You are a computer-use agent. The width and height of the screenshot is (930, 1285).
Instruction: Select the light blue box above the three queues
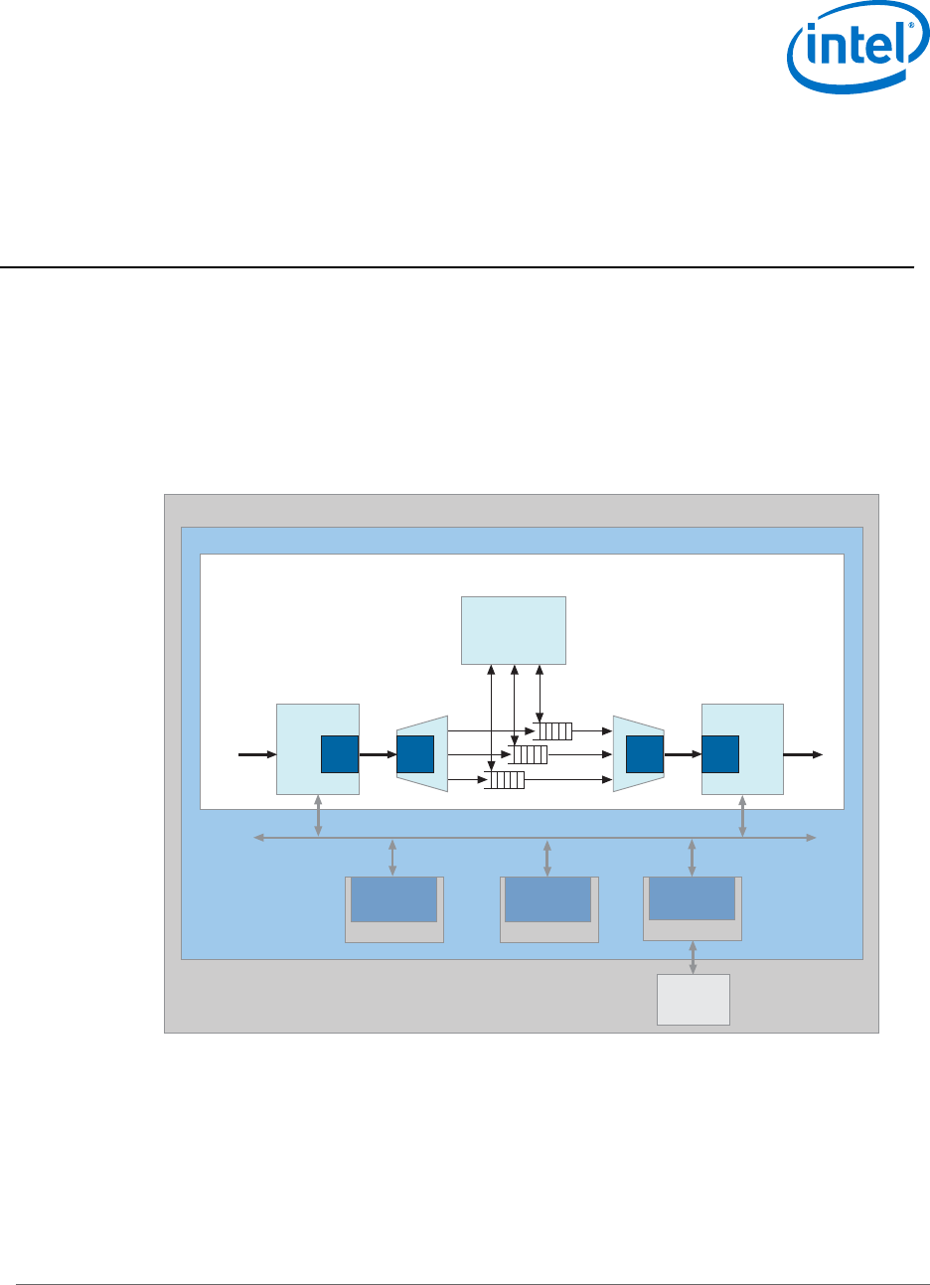point(514,630)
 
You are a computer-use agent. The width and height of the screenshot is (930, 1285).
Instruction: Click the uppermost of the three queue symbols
point(553,731)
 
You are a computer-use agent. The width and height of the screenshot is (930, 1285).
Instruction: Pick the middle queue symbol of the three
point(529,754)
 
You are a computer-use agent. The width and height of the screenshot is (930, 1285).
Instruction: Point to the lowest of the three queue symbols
point(505,780)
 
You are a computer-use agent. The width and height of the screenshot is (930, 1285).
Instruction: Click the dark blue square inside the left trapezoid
point(415,754)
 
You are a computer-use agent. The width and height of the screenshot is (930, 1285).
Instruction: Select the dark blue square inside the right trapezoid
point(645,754)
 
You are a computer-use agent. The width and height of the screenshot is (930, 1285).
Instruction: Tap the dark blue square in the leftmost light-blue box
point(339,754)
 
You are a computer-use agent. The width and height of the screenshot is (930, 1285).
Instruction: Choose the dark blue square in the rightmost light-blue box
point(720,754)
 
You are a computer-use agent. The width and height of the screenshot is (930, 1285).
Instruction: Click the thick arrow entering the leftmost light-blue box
point(257,754)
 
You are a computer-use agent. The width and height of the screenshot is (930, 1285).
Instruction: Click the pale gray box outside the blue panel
point(694,999)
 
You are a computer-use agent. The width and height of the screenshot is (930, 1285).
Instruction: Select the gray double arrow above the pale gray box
point(693,957)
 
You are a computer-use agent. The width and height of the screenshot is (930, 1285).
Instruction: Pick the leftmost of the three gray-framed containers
point(393,909)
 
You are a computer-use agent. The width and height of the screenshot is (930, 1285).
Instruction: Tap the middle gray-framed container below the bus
point(549,909)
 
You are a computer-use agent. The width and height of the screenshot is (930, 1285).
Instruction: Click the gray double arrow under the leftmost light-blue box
point(318,815)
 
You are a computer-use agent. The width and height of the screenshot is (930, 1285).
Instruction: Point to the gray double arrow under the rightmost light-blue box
point(742,815)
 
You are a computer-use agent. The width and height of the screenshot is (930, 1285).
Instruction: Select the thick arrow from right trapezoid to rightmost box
point(683,754)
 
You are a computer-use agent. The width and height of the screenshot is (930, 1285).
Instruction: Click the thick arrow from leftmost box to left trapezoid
point(378,754)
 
